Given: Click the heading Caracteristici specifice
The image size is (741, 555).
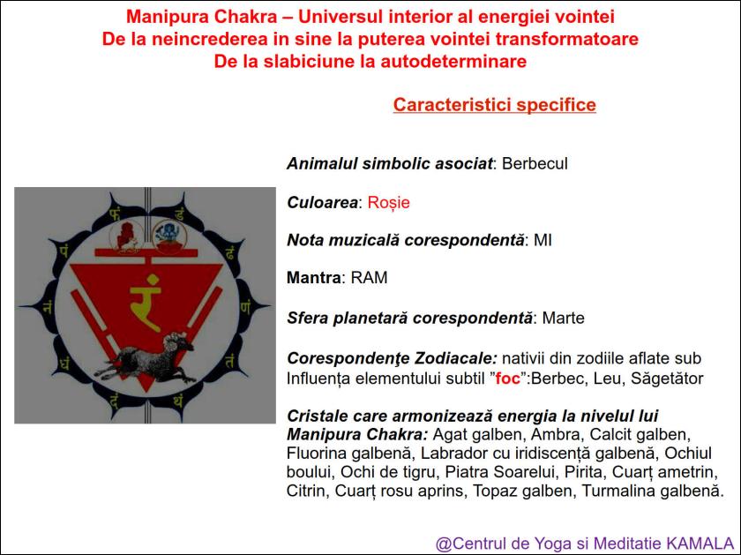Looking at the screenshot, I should pyautogui.click(x=494, y=105).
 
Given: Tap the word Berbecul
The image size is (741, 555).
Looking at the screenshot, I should pyautogui.click(x=535, y=164).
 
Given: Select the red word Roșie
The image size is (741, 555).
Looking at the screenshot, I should pyautogui.click(x=388, y=202).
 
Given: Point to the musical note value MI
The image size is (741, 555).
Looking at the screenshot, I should pyautogui.click(x=543, y=240).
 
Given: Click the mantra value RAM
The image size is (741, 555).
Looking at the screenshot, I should pyautogui.click(x=369, y=278).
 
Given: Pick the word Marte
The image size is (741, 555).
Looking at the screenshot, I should pyautogui.click(x=564, y=318).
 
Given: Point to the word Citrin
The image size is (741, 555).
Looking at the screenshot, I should pyautogui.click(x=306, y=491).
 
